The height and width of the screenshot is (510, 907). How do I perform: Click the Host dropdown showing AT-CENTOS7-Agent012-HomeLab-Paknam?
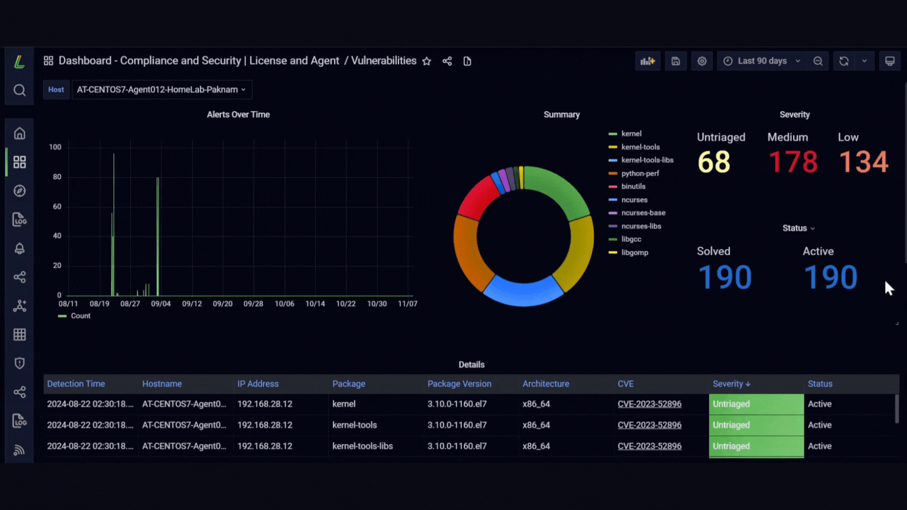tap(162, 90)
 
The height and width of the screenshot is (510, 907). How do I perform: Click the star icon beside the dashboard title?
tap(427, 61)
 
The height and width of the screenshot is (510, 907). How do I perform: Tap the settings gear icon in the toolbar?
tap(702, 61)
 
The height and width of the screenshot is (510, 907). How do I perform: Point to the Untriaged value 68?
tap(714, 162)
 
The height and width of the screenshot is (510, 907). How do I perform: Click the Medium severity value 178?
tap(793, 162)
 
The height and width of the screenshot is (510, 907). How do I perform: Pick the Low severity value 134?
tap(864, 162)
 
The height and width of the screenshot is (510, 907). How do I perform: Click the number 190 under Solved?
tap(725, 277)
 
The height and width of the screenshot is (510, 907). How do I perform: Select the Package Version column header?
tap(459, 384)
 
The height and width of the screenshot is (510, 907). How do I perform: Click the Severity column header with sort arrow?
tap(731, 384)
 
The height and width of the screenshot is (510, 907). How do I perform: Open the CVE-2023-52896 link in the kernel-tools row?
tap(650, 425)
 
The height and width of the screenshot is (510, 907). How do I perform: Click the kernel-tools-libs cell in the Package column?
tap(362, 446)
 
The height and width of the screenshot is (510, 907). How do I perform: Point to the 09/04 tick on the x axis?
tap(161, 304)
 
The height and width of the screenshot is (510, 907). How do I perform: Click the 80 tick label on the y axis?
tap(57, 177)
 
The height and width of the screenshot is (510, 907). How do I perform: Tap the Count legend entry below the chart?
tap(74, 316)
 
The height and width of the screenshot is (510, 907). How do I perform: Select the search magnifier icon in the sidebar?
tap(19, 90)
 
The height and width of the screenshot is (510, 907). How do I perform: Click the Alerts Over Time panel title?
tap(238, 115)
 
